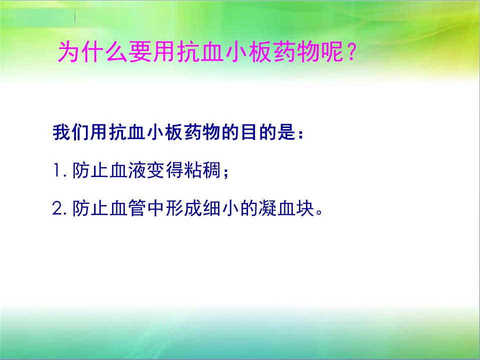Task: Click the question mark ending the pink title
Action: (351, 52)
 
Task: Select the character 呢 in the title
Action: (332, 52)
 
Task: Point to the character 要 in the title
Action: (139, 52)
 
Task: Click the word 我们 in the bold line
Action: (71, 132)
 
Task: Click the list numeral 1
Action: (57, 170)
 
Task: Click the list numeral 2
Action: (57, 208)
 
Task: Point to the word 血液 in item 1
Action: (127, 170)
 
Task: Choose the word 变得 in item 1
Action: (165, 170)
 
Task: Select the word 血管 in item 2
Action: (127, 208)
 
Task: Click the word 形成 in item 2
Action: (183, 208)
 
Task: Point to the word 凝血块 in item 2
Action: (287, 208)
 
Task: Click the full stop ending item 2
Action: (319, 212)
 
